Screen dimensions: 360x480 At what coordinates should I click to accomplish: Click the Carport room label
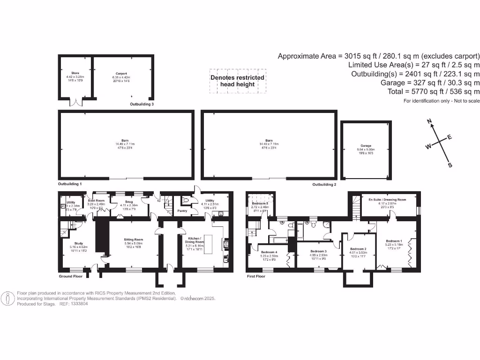[x=122, y=74]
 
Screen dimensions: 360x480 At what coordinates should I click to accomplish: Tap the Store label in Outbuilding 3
[x=75, y=73]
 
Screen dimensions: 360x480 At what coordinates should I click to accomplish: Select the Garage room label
[x=366, y=146]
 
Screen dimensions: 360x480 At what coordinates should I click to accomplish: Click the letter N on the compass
[x=429, y=122]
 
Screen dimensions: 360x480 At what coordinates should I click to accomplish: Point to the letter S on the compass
[x=450, y=165]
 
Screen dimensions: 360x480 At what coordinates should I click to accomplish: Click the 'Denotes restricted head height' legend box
[x=237, y=81]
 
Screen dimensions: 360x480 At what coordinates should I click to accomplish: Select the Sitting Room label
[x=133, y=239]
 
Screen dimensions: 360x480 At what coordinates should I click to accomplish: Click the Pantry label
[x=182, y=211]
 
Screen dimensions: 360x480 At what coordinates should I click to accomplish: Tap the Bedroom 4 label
[x=269, y=252]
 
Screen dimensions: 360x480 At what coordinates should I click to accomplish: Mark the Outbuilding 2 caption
[x=324, y=185]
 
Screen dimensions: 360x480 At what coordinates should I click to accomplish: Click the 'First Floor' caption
[x=256, y=277]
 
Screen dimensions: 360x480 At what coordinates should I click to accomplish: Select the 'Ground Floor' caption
[x=70, y=277]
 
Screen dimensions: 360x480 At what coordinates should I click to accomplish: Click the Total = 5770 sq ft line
[x=434, y=92]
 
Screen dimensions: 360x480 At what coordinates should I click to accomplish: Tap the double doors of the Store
[x=75, y=102]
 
